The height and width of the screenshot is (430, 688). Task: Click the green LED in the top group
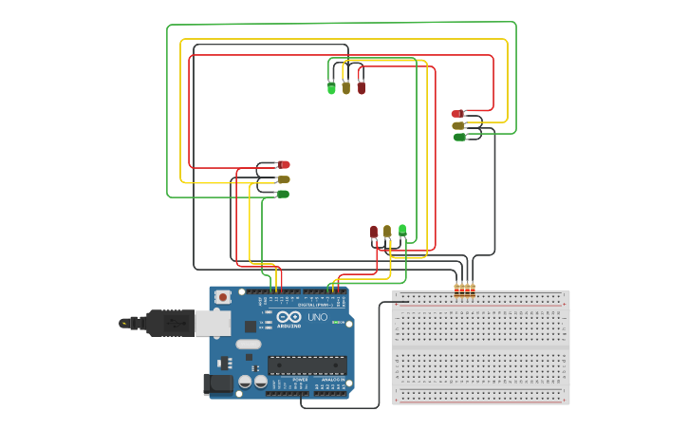331,87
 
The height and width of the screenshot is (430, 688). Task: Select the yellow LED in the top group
346,87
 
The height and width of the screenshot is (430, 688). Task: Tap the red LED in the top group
361,87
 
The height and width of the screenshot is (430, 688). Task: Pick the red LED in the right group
456,114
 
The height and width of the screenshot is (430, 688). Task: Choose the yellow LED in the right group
457,125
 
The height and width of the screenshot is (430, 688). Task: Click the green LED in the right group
459,137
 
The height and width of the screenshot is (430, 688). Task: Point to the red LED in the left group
284,164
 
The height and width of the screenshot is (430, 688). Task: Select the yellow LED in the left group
284,178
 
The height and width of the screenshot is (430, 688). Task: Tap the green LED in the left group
283,194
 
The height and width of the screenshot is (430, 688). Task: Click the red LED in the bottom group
374,232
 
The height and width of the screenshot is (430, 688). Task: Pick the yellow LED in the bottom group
387,231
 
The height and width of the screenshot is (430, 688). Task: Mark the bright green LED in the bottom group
402,230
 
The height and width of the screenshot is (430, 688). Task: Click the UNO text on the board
317,317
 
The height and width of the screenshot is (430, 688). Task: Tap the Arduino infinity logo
289,316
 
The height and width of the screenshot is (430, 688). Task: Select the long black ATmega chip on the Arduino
307,365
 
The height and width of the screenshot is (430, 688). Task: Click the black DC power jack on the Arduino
218,383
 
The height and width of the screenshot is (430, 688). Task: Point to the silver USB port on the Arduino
213,323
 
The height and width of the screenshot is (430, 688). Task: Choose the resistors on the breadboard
464,290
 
